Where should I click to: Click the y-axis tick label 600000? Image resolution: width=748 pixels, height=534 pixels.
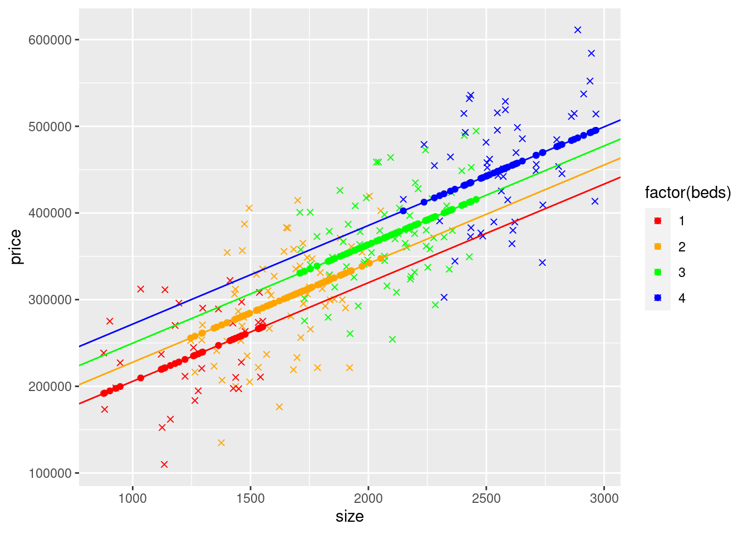click(50, 40)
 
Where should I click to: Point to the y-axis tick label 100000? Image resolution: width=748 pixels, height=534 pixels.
click(50, 473)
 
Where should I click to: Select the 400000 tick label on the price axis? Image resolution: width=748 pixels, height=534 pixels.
click(50, 213)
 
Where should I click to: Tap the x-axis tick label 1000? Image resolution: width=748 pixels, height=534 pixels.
click(132, 498)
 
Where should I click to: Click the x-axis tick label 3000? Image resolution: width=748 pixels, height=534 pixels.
click(604, 498)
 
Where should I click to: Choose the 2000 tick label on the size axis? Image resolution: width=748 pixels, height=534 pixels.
click(368, 498)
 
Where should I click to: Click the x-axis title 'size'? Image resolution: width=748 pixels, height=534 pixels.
click(350, 517)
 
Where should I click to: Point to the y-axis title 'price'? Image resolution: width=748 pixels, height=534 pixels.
click(16, 246)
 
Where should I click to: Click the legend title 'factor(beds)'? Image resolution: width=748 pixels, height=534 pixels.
click(688, 193)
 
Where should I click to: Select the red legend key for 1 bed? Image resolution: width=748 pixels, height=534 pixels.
click(658, 221)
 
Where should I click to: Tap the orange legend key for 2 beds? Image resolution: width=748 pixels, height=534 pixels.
click(658, 246)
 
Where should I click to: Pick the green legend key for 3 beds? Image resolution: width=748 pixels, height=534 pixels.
click(658, 272)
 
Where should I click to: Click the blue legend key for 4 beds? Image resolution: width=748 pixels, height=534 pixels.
click(658, 298)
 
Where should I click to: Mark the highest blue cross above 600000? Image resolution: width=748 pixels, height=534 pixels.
click(578, 30)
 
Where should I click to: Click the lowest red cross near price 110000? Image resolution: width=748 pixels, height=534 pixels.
click(164, 464)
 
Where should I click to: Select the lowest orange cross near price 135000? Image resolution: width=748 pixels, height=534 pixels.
click(221, 443)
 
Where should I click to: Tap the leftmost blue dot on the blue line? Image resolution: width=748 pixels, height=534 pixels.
click(403, 211)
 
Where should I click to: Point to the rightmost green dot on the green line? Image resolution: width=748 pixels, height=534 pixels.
click(476, 199)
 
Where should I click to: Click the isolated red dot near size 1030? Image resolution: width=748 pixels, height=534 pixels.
click(141, 378)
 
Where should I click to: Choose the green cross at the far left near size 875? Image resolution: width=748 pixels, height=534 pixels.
click(104, 353)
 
